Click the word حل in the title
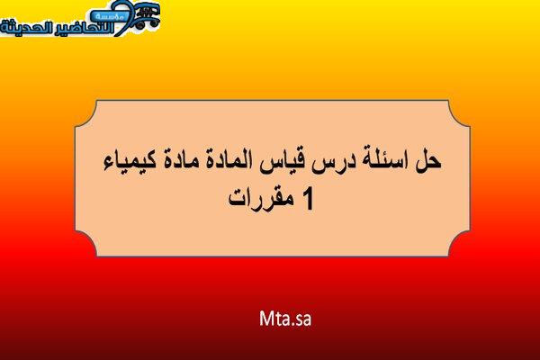pyautogui.click(x=428, y=161)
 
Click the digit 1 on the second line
pyautogui.click(x=308, y=200)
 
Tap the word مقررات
pyautogui.click(x=262, y=199)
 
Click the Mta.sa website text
pyautogui.click(x=285, y=319)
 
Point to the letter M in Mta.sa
pyautogui.click(x=265, y=319)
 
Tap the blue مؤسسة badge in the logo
pyautogui.click(x=110, y=16)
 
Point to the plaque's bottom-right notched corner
pyautogui.click(x=459, y=244)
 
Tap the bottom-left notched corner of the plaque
pyautogui.click(x=86, y=244)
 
